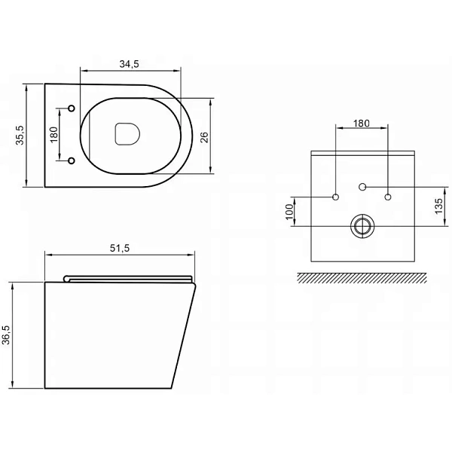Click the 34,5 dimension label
[129, 64]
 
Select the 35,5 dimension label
[20, 135]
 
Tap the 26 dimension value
[204, 138]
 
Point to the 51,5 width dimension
[120, 248]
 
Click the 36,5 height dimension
[6, 334]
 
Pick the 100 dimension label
[289, 212]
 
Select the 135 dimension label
[438, 206]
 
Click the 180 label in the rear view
[362, 124]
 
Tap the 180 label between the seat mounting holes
[54, 135]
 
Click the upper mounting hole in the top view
[72, 108]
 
